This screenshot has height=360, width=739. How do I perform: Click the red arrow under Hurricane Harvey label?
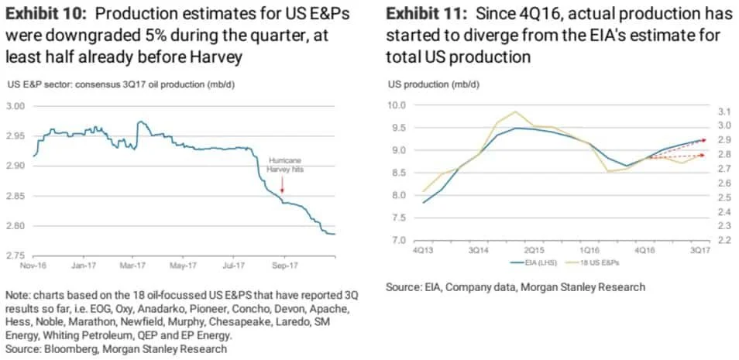282,183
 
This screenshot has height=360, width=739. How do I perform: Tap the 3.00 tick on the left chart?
16,106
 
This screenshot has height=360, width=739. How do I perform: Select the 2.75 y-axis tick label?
16,255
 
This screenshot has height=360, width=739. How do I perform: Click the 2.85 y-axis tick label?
16,196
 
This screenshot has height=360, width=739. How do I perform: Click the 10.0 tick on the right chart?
396,105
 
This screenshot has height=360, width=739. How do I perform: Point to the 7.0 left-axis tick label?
398,241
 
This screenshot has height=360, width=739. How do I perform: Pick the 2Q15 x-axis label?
535,251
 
